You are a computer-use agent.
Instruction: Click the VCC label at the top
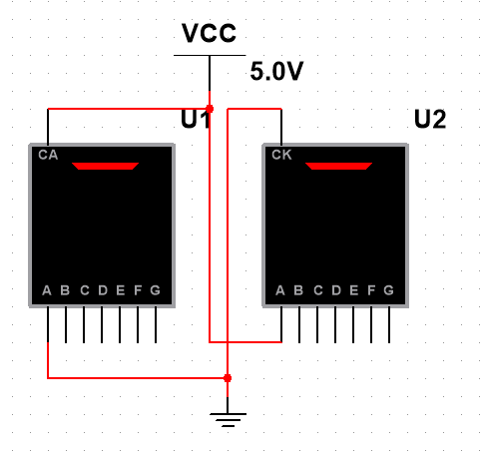point(209,33)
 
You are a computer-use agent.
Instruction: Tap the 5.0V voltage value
point(276,71)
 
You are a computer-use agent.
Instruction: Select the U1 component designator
point(196,119)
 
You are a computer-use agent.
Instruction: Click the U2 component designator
point(430,119)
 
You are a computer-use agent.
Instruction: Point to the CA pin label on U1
point(48,155)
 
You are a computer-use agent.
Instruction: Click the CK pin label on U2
point(281,155)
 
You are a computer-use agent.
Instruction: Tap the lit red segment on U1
point(105,166)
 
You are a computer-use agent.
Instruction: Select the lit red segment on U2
point(338,166)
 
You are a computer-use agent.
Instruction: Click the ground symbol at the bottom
point(228,420)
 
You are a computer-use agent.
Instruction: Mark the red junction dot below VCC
point(210,109)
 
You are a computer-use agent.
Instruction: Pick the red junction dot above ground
point(228,378)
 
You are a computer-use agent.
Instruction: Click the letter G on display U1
point(156,290)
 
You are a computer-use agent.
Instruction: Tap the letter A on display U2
point(280,290)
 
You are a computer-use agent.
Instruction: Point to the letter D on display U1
point(103,290)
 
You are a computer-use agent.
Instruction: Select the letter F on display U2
point(371,290)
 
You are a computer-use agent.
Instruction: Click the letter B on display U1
point(65,290)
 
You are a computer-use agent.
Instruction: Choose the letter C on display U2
point(318,290)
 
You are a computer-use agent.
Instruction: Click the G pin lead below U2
point(389,324)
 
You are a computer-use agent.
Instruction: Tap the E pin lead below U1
point(120,324)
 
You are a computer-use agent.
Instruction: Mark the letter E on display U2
point(354,290)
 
